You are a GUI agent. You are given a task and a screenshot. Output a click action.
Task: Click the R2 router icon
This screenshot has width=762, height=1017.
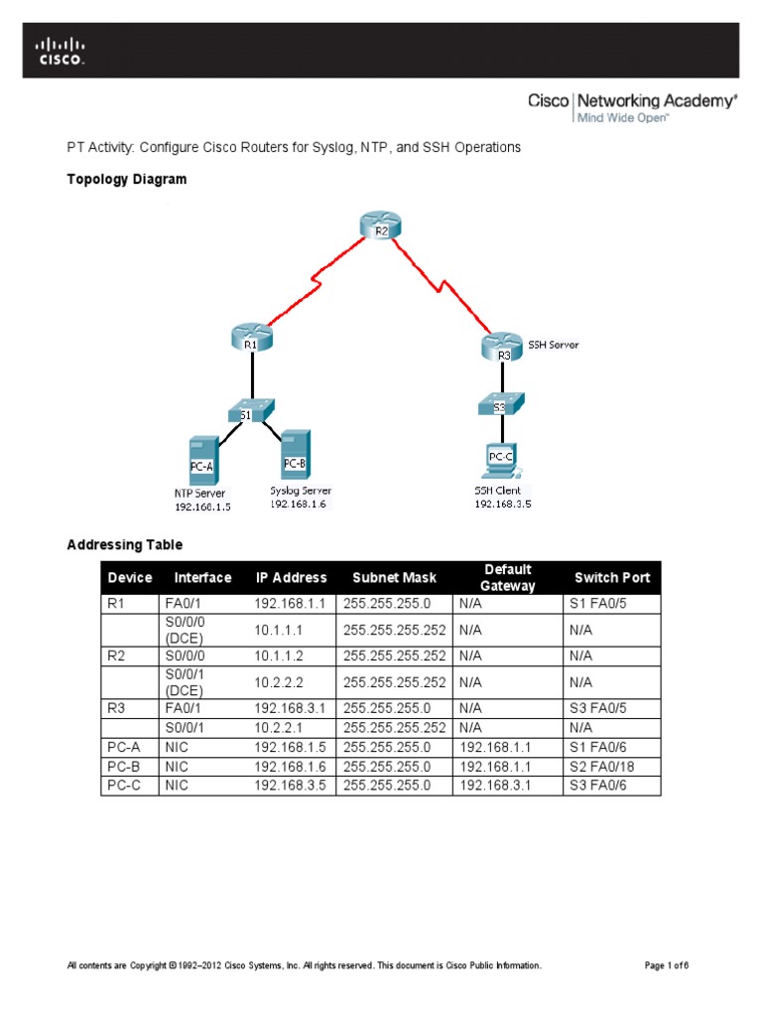click(x=380, y=226)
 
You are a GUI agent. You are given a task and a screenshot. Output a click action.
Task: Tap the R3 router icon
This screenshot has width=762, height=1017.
click(x=503, y=348)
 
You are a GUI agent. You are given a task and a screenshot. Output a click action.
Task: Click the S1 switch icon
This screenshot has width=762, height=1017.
click(x=251, y=409)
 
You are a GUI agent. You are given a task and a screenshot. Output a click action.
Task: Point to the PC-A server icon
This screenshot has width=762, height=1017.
click(x=202, y=459)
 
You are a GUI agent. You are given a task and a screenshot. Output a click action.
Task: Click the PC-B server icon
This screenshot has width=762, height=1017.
click(x=295, y=455)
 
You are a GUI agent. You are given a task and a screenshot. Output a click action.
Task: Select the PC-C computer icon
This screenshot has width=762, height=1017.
click(x=502, y=458)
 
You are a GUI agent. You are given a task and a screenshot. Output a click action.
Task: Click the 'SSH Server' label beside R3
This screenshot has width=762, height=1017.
click(x=552, y=345)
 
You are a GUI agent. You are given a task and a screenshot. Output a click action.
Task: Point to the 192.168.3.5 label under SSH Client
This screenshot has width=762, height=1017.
click(x=502, y=504)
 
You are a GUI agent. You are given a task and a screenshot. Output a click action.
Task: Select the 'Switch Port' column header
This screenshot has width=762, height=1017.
click(x=612, y=577)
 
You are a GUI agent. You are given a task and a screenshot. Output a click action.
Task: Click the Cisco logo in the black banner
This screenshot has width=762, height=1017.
click(x=62, y=51)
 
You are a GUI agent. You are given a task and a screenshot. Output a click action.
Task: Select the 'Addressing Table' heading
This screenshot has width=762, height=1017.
click(x=124, y=544)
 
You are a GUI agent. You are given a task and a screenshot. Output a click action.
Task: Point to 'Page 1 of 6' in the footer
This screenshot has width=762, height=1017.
click(x=667, y=965)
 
